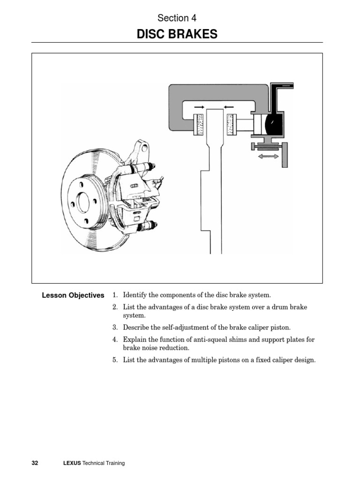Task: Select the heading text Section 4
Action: point(177,18)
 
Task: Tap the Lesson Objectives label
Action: point(73,295)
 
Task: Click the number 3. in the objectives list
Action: point(115,328)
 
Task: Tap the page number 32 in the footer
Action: point(35,463)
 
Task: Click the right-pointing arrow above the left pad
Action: point(199,107)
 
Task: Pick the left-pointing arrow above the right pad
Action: point(230,107)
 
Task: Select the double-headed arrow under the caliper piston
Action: point(268,157)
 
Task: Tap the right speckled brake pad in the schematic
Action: point(230,125)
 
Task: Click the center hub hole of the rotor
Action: point(83,202)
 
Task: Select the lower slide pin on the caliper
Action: point(148,226)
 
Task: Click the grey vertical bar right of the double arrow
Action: point(285,155)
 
